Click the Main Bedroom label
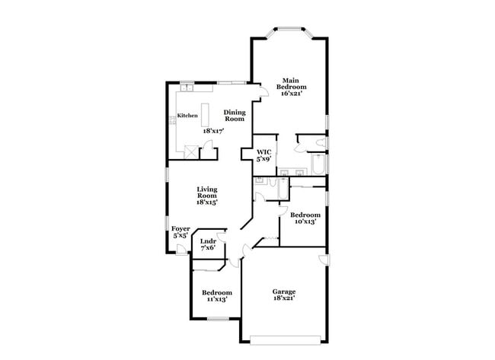[x=289, y=86]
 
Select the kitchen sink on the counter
[x=185, y=89]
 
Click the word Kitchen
[x=187, y=116]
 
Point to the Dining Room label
[x=235, y=116]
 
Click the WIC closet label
[x=263, y=155]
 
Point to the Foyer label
[x=180, y=231]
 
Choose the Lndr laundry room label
[x=208, y=244]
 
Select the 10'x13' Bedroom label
[x=306, y=218]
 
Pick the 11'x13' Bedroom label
[x=216, y=296]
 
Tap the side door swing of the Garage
[x=324, y=260]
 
